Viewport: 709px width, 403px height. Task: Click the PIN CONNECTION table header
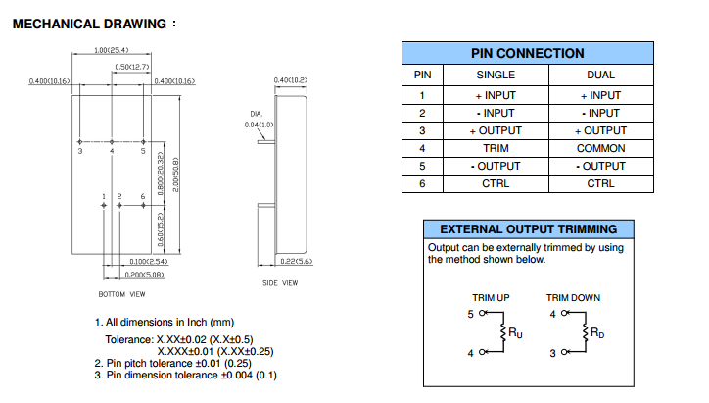coord(527,54)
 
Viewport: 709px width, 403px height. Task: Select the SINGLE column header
coord(496,75)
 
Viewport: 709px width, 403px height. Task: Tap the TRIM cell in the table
coord(496,148)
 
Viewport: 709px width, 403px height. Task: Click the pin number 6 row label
coord(422,183)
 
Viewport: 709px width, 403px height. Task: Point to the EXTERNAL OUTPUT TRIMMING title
coord(528,229)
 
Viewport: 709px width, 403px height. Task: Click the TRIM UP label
coord(491,297)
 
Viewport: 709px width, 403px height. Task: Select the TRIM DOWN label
coord(574,297)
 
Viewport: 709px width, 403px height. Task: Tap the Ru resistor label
coord(514,333)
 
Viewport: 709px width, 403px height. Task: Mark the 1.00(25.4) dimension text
coord(114,50)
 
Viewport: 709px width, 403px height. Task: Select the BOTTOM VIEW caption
coord(122,294)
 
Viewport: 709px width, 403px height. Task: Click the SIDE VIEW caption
coord(281,283)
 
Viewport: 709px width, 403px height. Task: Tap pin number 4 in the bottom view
coord(112,152)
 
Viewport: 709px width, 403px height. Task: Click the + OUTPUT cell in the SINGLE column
coord(496,130)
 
